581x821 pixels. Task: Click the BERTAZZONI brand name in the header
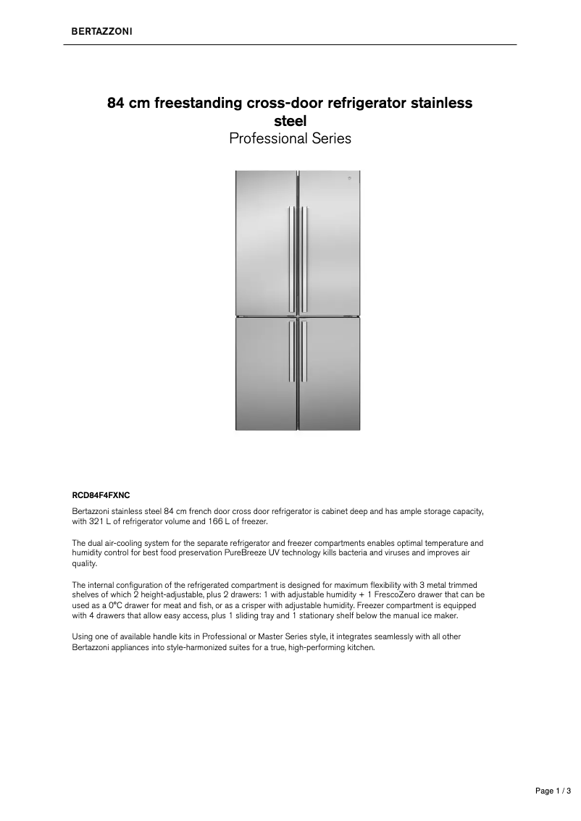tap(101, 31)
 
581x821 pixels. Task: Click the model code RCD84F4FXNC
tap(101, 497)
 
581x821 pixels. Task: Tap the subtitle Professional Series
tap(290, 138)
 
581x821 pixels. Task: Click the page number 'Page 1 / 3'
tap(553, 792)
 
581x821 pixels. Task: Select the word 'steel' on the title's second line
tap(290, 120)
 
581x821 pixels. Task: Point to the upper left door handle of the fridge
tap(291, 257)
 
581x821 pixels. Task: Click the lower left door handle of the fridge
tap(291, 351)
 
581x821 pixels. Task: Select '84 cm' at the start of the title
tap(128, 103)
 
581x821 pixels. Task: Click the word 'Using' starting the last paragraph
tap(82, 636)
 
